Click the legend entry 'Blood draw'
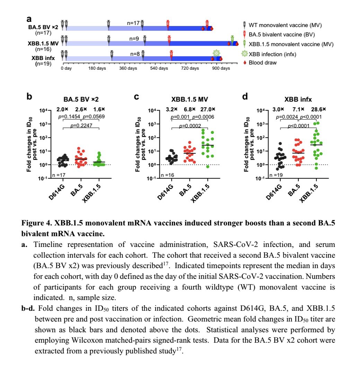coord(262,63)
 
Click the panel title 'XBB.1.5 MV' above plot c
coord(187,98)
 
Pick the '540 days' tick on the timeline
coord(159,68)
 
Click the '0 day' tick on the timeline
coord(66,68)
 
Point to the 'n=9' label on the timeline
coord(134,39)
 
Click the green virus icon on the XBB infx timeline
coord(217,53)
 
